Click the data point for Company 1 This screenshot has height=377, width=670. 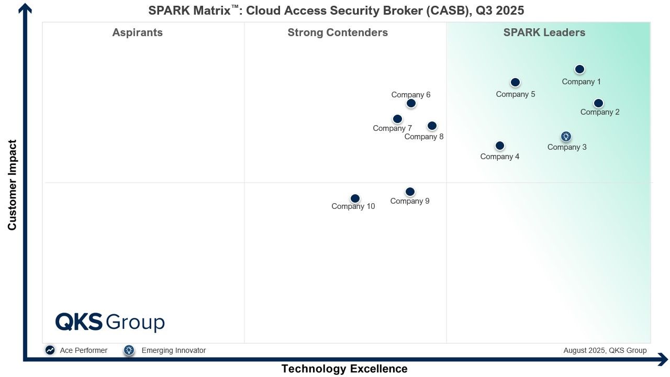pyautogui.click(x=579, y=69)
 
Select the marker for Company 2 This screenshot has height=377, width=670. pyautogui.click(x=598, y=103)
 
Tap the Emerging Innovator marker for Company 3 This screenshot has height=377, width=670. pyautogui.click(x=566, y=136)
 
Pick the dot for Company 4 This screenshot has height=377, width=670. pyautogui.click(x=500, y=146)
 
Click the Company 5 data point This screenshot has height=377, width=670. pyautogui.click(x=515, y=82)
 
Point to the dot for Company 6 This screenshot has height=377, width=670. pyautogui.click(x=411, y=103)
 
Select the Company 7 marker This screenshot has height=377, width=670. pyautogui.click(x=397, y=119)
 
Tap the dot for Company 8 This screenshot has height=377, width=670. pyautogui.click(x=432, y=126)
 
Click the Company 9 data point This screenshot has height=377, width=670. pyautogui.click(x=410, y=192)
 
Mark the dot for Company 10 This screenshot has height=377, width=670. pyautogui.click(x=355, y=198)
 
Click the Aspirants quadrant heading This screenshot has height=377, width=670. pyautogui.click(x=137, y=32)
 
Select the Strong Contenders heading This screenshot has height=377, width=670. pyautogui.click(x=338, y=32)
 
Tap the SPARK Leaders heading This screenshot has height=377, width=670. pyautogui.click(x=544, y=32)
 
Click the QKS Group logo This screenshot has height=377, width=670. pyautogui.click(x=110, y=322)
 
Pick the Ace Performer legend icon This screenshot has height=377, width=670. pyautogui.click(x=50, y=350)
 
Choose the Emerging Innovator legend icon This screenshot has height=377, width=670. pyautogui.click(x=129, y=350)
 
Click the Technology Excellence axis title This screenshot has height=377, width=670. pyautogui.click(x=344, y=369)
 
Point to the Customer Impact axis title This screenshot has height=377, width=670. pyautogui.click(x=12, y=185)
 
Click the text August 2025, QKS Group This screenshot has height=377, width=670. pyautogui.click(x=605, y=350)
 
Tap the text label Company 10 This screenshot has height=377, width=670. pyautogui.click(x=353, y=206)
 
